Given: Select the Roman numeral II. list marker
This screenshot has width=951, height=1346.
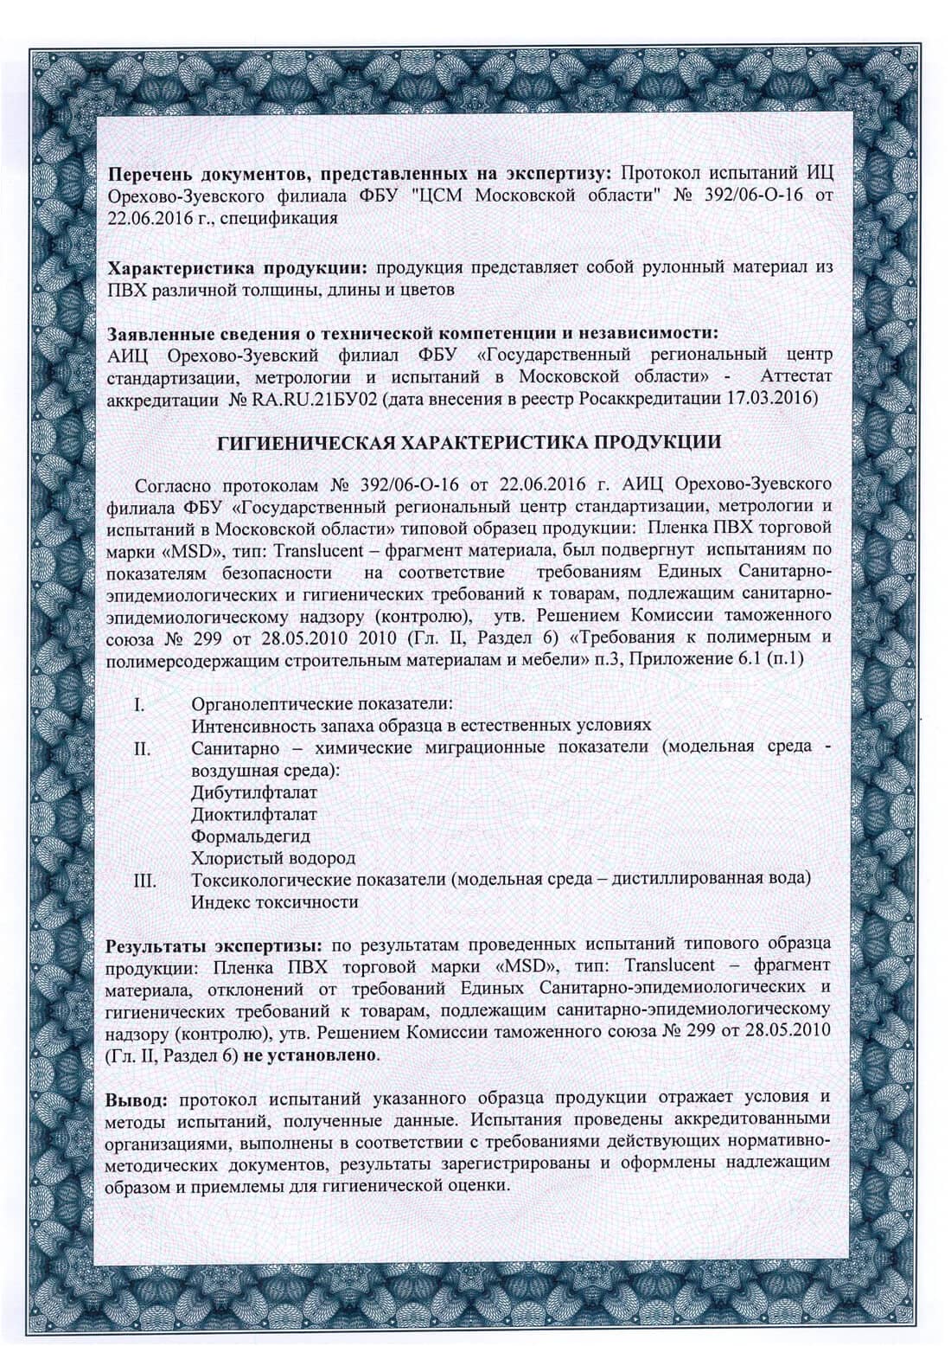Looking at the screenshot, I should coord(143,747).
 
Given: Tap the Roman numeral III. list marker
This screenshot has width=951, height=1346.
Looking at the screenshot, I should coord(144,881).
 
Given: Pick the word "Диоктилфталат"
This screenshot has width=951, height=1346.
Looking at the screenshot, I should coord(254,814).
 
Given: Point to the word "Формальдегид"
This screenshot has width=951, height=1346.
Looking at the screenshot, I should coord(251,836).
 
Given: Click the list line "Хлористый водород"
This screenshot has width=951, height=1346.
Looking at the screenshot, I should coord(273,859).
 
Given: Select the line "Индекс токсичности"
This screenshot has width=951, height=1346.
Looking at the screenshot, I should coord(275,903).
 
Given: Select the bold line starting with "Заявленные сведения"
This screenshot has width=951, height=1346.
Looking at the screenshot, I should coord(411,333).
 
